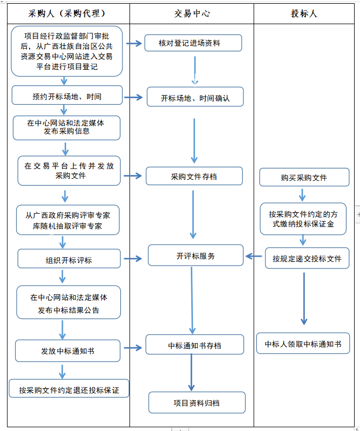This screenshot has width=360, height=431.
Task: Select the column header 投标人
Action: click(x=304, y=13)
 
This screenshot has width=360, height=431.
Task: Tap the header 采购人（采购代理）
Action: click(x=68, y=13)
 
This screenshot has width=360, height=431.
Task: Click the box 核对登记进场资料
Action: click(x=193, y=43)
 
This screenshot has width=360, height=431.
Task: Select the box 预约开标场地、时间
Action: click(x=67, y=96)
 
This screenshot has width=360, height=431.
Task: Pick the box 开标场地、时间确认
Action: click(x=195, y=98)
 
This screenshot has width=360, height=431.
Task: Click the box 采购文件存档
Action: click(x=194, y=176)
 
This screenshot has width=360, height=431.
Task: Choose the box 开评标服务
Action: click(x=196, y=256)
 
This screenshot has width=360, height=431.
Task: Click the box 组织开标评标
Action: click(x=69, y=259)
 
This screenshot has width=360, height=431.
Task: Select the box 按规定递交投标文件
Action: click(x=307, y=258)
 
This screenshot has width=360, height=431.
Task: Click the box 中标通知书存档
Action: click(x=195, y=345)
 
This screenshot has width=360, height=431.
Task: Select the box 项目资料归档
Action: click(x=197, y=403)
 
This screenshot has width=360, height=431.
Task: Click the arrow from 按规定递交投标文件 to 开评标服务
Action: click(x=254, y=257)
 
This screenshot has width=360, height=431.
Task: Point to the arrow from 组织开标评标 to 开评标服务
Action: click(x=134, y=259)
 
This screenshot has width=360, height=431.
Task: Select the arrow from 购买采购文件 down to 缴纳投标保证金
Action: click(x=303, y=194)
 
